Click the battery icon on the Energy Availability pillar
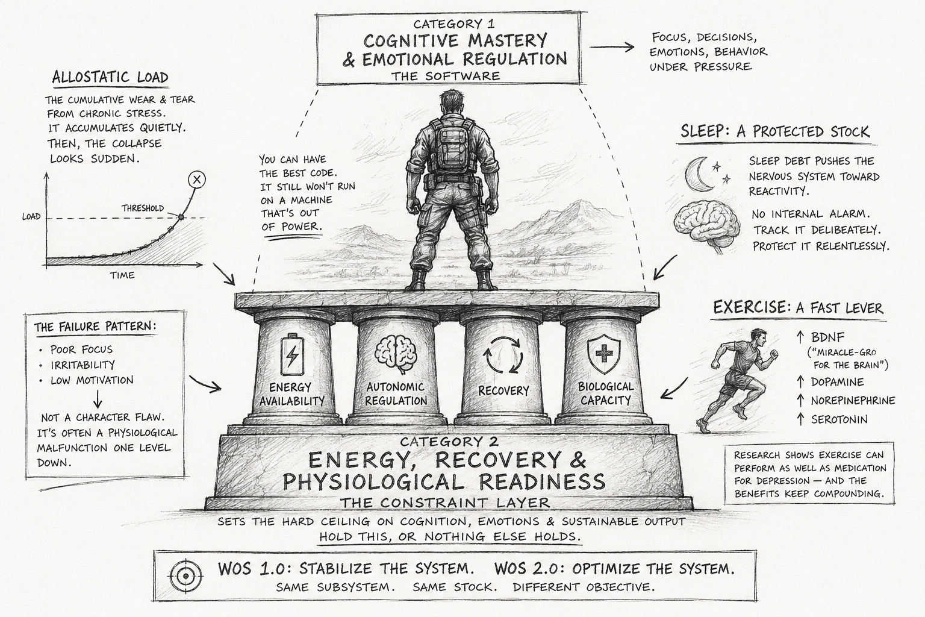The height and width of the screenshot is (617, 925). tap(291, 356)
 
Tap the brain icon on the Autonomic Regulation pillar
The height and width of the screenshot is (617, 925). tap(396, 354)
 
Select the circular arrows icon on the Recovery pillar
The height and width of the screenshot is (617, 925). tap(503, 355)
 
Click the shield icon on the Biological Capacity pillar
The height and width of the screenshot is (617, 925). tap(604, 354)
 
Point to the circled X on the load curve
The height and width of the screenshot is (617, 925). tap(196, 180)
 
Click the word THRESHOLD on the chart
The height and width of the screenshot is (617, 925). tap(143, 208)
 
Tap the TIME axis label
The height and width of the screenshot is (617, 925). tap(122, 275)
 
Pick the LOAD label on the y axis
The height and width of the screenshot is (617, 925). tap(31, 216)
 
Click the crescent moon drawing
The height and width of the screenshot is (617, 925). tap(699, 174)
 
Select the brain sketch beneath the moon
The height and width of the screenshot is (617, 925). tap(706, 225)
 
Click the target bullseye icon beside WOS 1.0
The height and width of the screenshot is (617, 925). tap(186, 575)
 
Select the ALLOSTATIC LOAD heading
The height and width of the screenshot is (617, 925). tap(110, 78)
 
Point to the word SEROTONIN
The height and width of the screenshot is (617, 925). tap(838, 419)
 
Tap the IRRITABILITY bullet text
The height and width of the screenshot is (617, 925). tap(83, 365)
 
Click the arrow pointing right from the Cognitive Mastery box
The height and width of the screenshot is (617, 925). tap(612, 47)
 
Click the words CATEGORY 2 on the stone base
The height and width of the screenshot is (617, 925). tap(449, 442)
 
